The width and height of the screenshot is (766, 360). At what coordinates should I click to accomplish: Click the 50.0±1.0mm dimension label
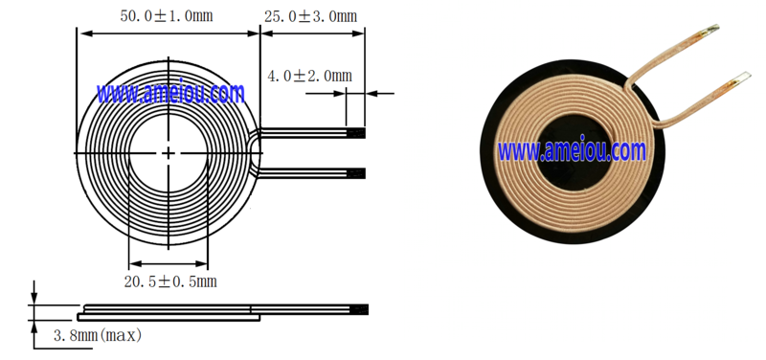167,16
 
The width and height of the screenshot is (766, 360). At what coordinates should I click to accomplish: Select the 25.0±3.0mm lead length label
310,16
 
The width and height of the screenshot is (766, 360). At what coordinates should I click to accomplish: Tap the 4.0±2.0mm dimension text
309,76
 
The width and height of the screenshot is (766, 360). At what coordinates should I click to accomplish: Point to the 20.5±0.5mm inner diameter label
170,281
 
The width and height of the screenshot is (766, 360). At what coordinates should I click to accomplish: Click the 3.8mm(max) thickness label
98,335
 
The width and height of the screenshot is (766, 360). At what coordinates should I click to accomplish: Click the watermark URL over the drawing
170,93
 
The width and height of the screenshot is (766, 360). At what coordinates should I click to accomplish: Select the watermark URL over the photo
572,150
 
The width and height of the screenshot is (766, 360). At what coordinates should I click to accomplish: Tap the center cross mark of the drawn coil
169,153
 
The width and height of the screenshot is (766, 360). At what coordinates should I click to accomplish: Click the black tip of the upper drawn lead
355,133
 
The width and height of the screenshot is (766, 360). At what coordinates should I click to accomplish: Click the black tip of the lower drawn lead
355,173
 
